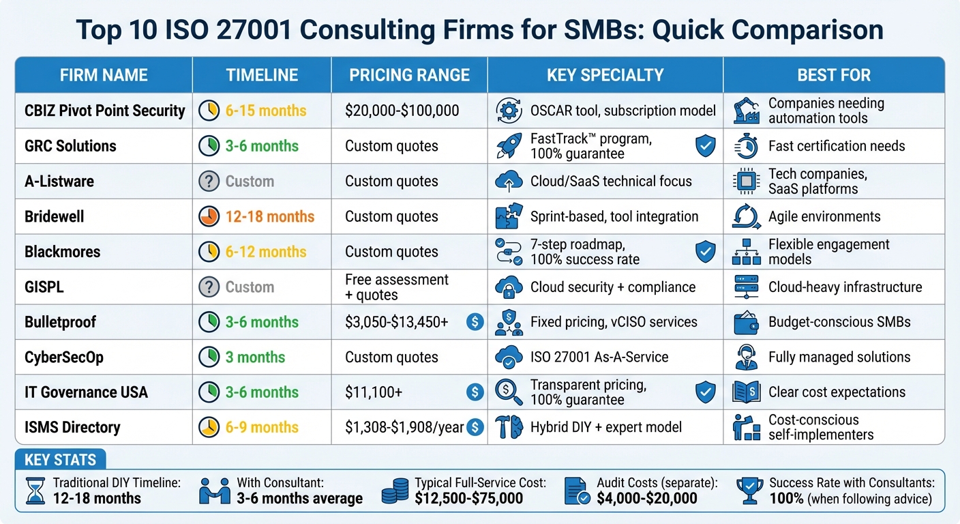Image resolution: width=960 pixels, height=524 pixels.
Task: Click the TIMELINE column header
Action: coord(262,75)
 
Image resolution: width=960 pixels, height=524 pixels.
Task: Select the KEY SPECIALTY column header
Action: coord(605,75)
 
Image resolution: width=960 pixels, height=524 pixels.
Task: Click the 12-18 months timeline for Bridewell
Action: coord(270,216)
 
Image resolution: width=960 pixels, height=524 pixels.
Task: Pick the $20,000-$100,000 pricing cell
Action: coord(402,111)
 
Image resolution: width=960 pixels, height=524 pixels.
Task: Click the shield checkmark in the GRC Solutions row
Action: coord(705,146)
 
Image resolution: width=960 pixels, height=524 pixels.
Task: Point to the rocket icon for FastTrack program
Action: coord(508,146)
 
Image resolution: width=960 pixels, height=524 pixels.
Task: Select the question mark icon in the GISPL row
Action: coord(209,287)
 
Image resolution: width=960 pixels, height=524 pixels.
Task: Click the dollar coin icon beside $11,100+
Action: coord(475,392)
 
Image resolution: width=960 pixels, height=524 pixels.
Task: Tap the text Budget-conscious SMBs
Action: coord(839,322)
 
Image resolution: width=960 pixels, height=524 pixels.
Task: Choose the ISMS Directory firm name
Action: coord(72,427)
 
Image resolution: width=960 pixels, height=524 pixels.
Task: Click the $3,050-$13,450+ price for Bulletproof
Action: coord(397,322)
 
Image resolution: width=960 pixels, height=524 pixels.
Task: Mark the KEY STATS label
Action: coord(60,459)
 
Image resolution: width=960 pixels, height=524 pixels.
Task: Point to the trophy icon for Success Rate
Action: coord(749,491)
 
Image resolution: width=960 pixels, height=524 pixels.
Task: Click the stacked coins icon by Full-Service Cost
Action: coord(394,491)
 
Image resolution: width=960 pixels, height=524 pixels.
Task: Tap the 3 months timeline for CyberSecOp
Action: coord(255,357)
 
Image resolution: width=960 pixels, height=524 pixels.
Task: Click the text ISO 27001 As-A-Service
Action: coord(599,357)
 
